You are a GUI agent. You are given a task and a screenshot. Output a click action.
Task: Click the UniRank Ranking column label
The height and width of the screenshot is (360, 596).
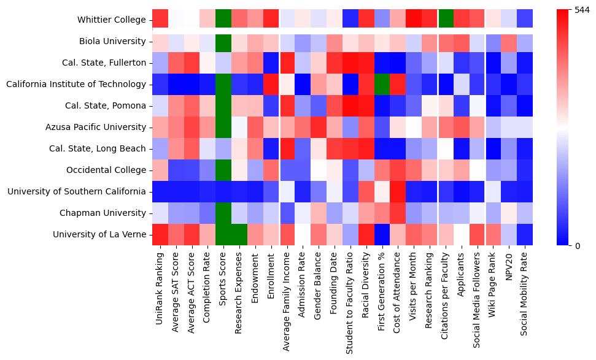coord(160,285)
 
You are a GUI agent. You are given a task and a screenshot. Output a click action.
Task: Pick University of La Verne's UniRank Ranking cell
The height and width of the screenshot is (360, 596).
coord(160,234)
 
